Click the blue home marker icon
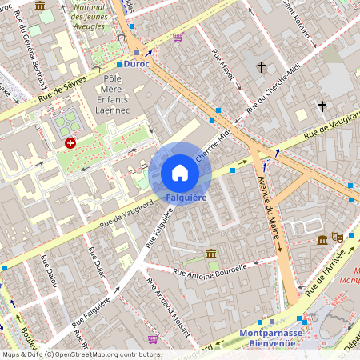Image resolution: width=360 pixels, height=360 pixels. coord(180,172)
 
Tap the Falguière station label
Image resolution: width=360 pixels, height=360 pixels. coord(180,197)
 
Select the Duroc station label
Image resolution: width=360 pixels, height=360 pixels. coord(138,64)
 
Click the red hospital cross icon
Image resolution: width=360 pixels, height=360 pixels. coord(70,143)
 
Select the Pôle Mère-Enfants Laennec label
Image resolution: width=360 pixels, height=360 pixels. coord(120,93)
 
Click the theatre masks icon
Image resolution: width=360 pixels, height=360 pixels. coord(337,238)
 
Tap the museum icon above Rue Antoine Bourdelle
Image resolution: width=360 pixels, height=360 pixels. coord(211,254)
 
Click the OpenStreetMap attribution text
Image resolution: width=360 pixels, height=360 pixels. coord(80,354)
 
